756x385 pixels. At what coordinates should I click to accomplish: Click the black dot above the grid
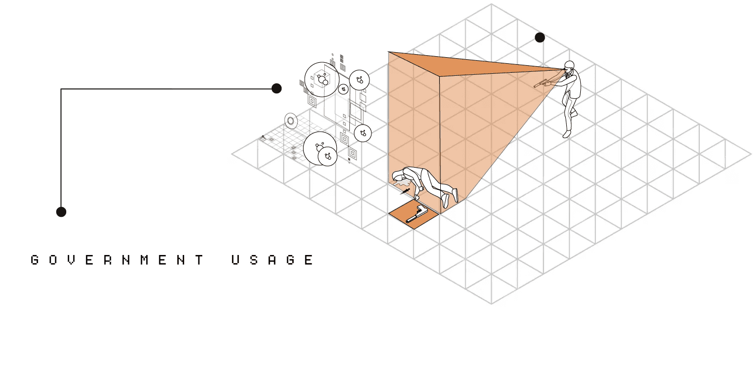(540, 38)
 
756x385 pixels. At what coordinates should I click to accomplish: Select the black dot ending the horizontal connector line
(276, 89)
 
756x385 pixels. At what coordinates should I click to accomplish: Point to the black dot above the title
(61, 212)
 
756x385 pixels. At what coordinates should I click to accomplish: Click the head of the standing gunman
(569, 66)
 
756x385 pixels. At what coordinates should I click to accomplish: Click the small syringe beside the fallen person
(405, 191)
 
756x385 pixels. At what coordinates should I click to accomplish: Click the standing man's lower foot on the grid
(567, 134)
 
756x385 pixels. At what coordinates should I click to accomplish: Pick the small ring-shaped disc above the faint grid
(291, 120)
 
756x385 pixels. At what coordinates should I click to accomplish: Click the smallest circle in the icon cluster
(343, 89)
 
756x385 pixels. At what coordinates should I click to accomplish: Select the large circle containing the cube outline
(322, 79)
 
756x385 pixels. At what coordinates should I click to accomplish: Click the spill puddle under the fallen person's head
(401, 186)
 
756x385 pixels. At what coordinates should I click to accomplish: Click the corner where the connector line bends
(61, 89)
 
